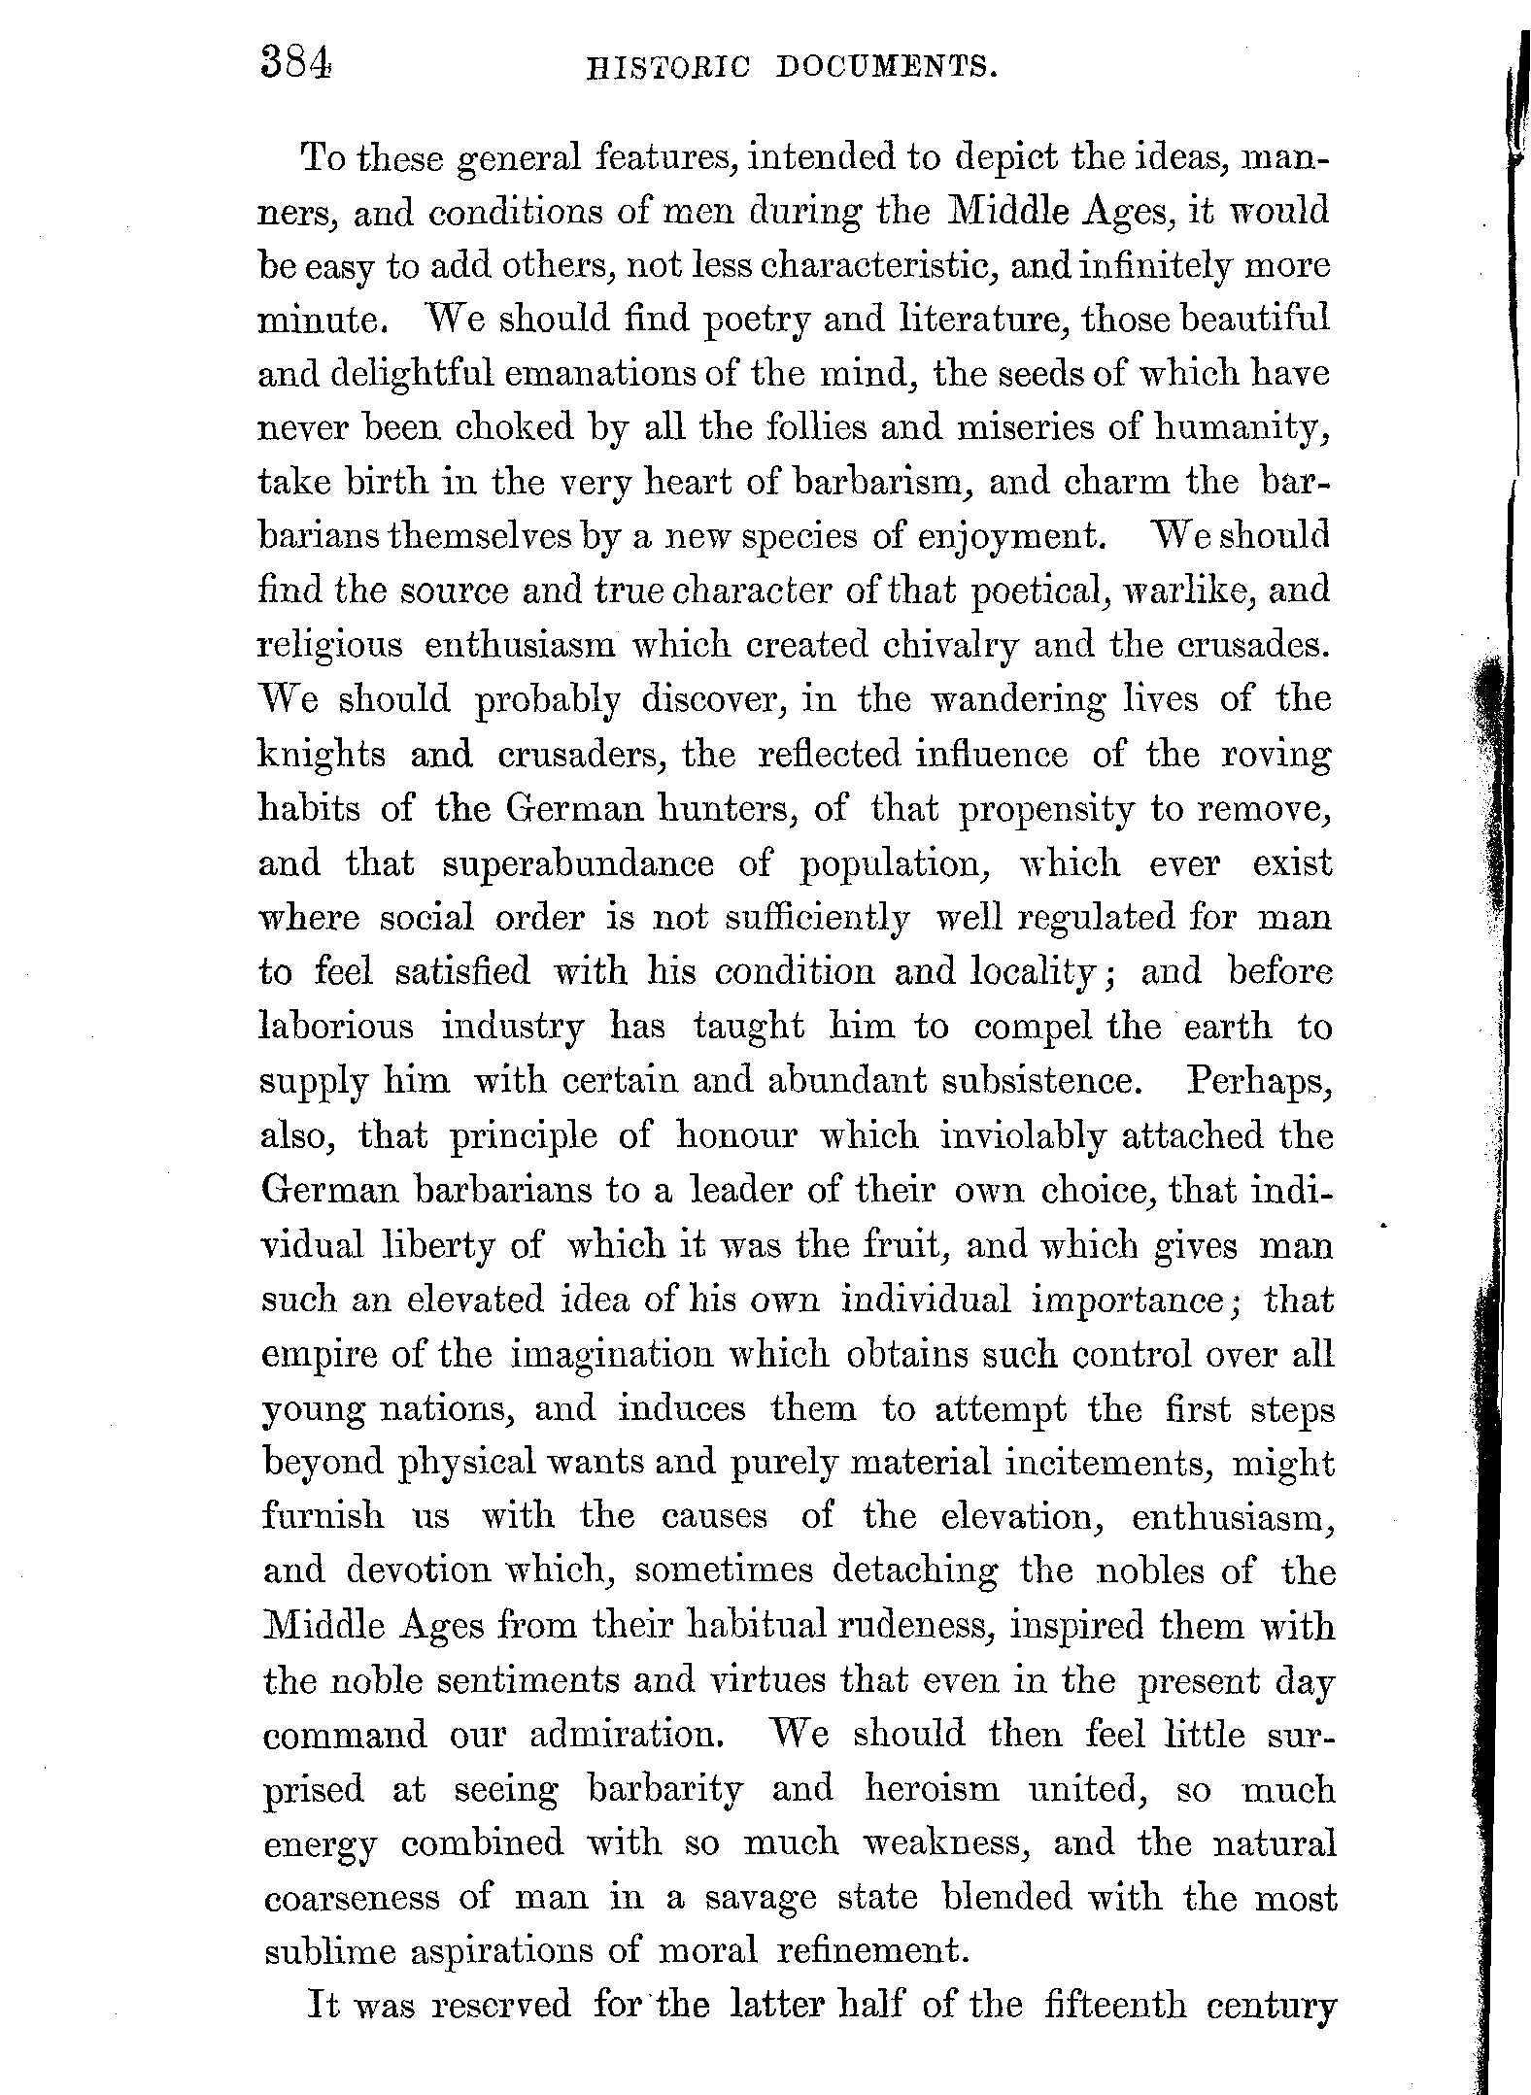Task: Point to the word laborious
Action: [336, 1027]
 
